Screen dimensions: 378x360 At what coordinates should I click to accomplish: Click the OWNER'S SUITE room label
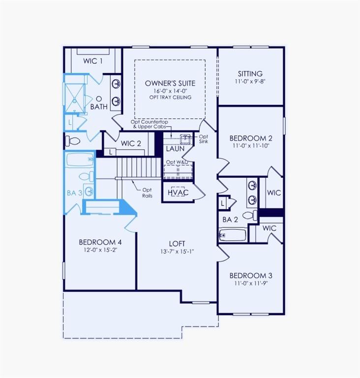[170, 83]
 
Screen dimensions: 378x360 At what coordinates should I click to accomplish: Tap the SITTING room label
[250, 74]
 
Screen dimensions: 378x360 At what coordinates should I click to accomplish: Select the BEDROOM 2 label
[251, 138]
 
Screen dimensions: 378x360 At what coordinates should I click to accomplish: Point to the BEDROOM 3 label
[251, 275]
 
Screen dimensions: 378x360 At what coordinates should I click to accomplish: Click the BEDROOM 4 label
[100, 242]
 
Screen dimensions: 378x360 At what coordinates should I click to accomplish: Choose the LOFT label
[178, 244]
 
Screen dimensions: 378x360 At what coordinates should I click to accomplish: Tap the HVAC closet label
[178, 192]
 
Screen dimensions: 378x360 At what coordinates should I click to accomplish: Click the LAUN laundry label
[175, 148]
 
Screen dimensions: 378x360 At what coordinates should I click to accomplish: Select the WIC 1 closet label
[93, 61]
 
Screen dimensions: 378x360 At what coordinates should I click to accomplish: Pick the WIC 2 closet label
[131, 143]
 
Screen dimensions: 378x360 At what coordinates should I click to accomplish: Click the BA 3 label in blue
[75, 193]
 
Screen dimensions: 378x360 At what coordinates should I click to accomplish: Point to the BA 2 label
[230, 220]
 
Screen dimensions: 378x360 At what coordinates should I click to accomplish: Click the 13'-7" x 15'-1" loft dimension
[178, 252]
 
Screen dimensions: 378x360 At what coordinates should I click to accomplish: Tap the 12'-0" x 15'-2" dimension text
[100, 250]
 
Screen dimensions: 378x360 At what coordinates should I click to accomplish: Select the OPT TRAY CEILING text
[170, 97]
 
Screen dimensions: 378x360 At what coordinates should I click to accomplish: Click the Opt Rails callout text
[147, 192]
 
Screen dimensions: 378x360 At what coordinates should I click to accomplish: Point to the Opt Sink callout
[203, 138]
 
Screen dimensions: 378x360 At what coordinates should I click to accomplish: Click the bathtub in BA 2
[233, 235]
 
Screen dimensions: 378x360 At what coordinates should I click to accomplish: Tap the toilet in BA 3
[85, 176]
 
